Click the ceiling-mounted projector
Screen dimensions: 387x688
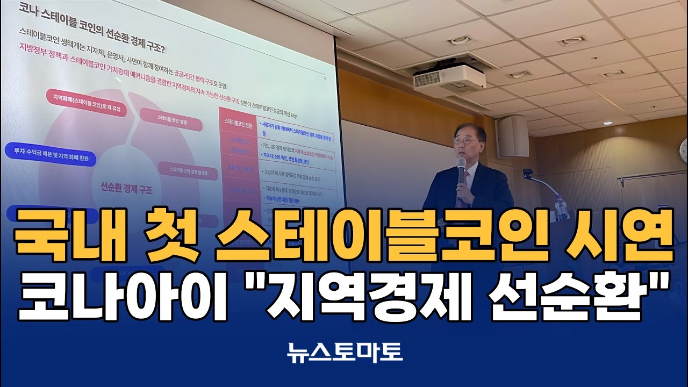(x=449, y=78)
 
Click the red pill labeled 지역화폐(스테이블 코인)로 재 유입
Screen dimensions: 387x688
(x=83, y=99)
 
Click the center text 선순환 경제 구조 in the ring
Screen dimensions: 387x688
(x=127, y=189)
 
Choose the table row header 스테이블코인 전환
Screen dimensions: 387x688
(x=237, y=126)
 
